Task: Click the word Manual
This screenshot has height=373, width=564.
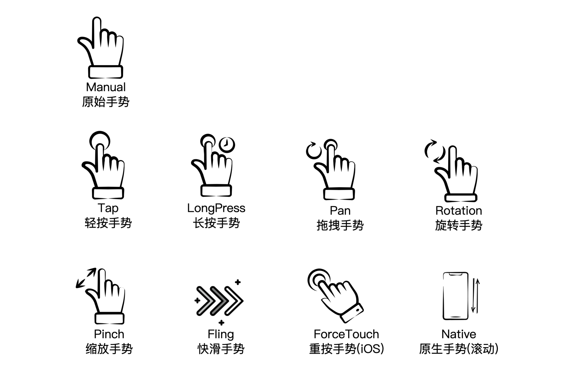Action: [106, 87]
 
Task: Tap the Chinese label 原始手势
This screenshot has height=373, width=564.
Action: [106, 102]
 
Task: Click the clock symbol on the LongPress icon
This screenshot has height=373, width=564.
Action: [227, 145]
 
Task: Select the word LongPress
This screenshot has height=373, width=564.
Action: [216, 208]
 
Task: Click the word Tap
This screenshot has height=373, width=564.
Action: [108, 208]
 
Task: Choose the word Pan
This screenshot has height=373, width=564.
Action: [340, 211]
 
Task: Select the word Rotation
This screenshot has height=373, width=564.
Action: [459, 211]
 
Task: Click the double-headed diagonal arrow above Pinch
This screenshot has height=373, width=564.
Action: [86, 278]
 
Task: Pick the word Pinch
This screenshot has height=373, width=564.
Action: [109, 334]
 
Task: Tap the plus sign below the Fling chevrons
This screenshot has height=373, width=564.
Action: [221, 323]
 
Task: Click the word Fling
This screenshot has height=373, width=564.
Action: [221, 335]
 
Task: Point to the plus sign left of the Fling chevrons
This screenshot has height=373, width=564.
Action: [197, 300]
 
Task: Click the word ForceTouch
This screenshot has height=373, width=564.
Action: [346, 334]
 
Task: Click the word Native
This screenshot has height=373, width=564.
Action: [459, 334]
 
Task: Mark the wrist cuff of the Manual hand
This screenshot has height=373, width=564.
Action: [106, 72]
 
